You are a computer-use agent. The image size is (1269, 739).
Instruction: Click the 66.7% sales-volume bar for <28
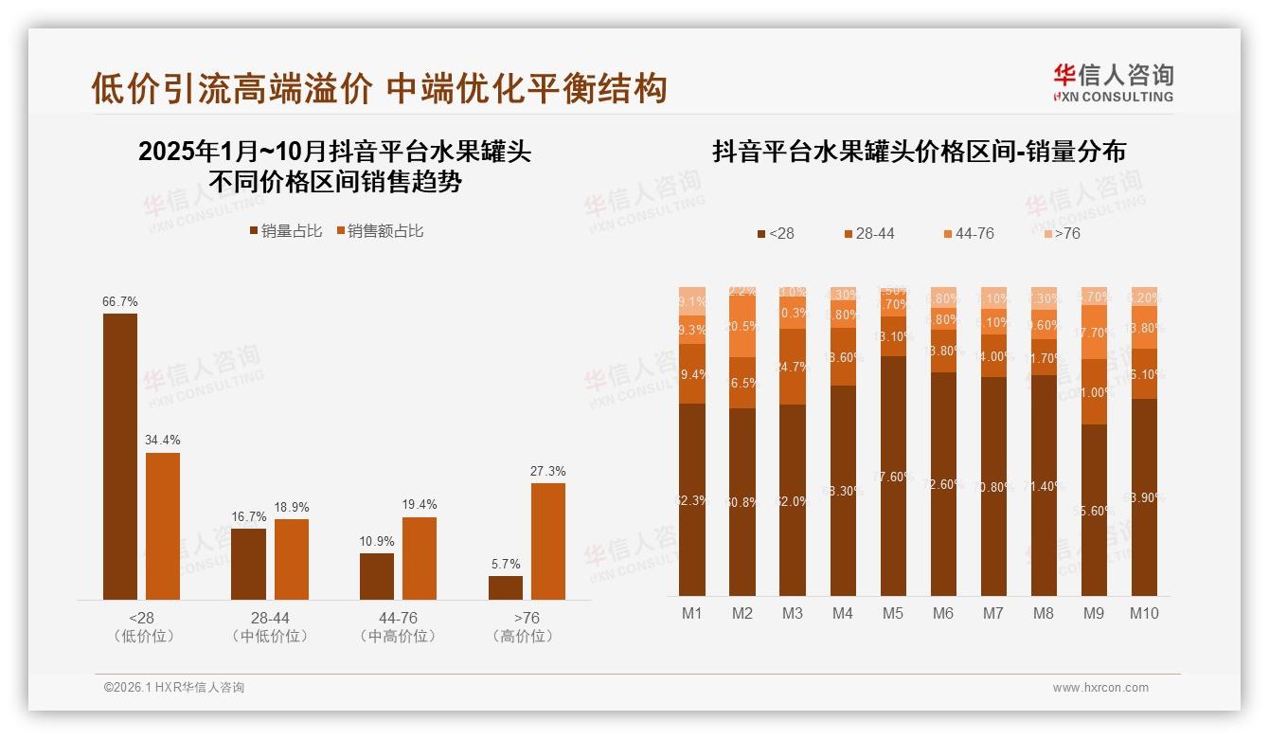click(x=120, y=456)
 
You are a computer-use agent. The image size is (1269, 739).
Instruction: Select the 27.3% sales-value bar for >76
click(x=547, y=541)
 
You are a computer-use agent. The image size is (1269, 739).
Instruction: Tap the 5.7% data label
click(x=506, y=564)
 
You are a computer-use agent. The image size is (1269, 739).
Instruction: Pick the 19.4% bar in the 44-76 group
click(x=420, y=558)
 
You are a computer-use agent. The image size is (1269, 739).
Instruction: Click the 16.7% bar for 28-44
click(x=248, y=564)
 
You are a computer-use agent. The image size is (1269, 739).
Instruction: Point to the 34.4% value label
click(x=163, y=440)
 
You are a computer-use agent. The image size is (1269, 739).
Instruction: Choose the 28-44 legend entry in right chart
click(x=868, y=233)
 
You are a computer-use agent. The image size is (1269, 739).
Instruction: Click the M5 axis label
click(x=892, y=613)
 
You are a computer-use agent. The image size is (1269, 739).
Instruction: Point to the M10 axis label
click(x=1144, y=613)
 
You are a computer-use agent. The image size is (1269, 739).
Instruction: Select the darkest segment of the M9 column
click(x=1094, y=510)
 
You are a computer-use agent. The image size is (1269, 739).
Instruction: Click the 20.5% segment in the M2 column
click(x=742, y=326)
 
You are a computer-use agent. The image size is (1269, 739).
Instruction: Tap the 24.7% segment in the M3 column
click(x=793, y=367)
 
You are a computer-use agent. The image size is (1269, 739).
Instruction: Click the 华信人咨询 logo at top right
click(x=1113, y=82)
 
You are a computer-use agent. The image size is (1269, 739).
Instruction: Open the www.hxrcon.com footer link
click(x=1100, y=688)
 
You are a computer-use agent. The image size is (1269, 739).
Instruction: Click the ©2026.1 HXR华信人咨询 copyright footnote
click(x=173, y=688)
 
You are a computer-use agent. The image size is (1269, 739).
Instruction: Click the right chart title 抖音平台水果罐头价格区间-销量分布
click(x=919, y=152)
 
